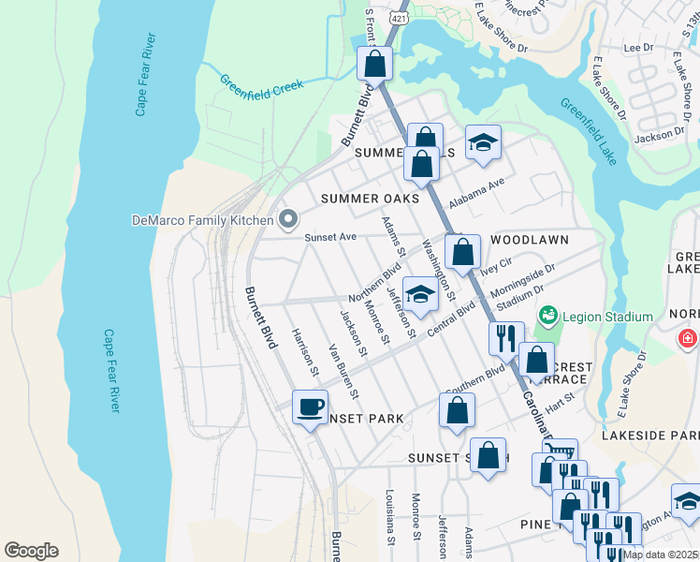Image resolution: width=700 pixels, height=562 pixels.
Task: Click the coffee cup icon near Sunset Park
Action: click(x=311, y=407)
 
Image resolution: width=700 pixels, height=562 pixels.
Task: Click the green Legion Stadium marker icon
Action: click(x=549, y=318)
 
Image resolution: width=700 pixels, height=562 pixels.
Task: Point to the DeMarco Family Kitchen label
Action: click(x=203, y=221)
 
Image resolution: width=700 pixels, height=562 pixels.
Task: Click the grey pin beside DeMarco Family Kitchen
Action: click(x=288, y=221)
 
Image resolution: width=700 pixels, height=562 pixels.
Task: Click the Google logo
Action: click(x=31, y=551)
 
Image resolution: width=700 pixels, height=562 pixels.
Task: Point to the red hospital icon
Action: click(x=688, y=337)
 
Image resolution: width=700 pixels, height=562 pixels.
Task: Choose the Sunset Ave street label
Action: click(x=330, y=238)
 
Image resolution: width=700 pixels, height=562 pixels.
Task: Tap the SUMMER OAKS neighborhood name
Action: click(x=370, y=199)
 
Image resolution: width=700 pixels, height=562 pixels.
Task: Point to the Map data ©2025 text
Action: click(x=659, y=555)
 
